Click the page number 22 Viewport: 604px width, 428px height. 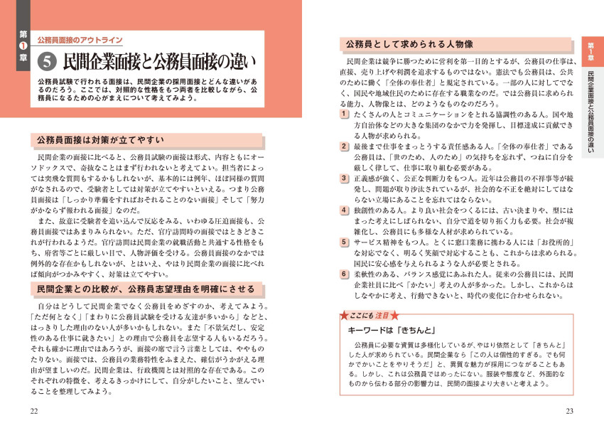point(35,412)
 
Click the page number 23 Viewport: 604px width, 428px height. point(569,412)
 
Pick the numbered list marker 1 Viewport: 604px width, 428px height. point(343,114)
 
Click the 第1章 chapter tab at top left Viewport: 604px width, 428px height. point(23,47)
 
